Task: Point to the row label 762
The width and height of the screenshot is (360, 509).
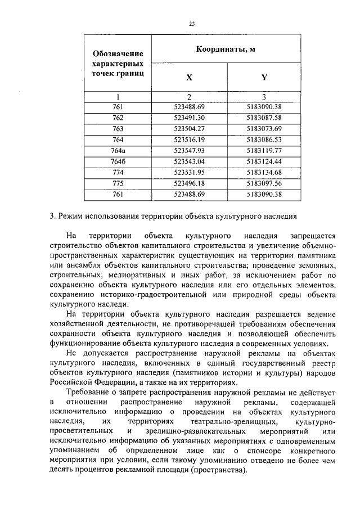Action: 118,118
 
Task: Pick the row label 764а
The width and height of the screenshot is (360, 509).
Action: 118,150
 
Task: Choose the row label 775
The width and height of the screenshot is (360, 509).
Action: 118,183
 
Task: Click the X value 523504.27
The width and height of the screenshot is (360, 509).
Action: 189,128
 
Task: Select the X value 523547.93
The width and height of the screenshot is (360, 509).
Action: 189,150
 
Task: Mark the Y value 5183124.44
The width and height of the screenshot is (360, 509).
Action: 264,161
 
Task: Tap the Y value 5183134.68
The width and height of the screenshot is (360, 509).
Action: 264,172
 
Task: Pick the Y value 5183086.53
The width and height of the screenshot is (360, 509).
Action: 264,139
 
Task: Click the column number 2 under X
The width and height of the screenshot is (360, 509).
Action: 189,96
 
